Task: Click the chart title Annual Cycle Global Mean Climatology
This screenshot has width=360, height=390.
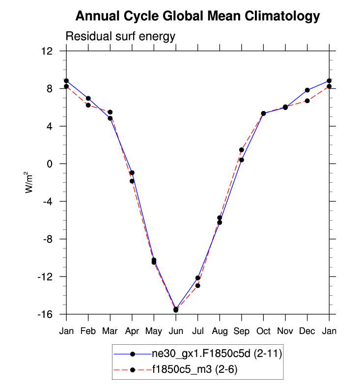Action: coord(197,17)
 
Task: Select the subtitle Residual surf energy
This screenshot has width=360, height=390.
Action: coord(120,37)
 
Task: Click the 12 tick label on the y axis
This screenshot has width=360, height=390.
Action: coord(47,51)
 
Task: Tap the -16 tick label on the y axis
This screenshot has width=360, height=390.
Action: coord(46,314)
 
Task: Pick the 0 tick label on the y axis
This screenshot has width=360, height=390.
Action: coord(50,164)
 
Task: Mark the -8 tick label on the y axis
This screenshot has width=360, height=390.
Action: coord(47,239)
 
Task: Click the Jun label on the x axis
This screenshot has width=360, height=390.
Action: coord(175,331)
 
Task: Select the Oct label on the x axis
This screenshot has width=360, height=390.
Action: coord(263,331)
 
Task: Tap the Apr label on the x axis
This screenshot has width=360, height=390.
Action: coord(132,331)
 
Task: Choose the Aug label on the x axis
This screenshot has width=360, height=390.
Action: coord(220,331)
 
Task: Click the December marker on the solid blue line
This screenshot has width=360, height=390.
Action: coord(307,90)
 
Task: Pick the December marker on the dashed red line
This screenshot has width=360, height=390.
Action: coord(307,101)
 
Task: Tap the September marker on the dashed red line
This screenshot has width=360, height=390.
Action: coord(242,150)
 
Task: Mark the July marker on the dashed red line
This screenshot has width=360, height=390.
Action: coord(197,285)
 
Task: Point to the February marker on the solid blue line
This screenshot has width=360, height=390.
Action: coord(88,98)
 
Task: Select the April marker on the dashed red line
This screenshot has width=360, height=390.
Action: coord(132,181)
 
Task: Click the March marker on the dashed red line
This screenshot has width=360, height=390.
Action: coord(110,112)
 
